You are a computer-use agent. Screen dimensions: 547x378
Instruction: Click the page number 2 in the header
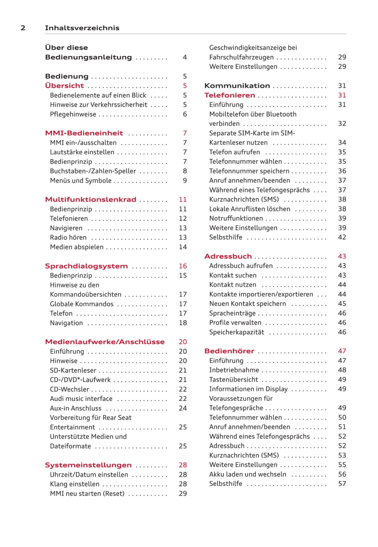coord(23,28)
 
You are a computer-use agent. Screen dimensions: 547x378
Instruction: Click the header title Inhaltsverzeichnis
coord(82,28)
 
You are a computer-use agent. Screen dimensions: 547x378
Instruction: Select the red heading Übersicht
coord(65,86)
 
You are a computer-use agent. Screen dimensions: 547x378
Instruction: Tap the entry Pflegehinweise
coord(73,114)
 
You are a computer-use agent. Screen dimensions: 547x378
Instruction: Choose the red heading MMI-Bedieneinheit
coord(84,133)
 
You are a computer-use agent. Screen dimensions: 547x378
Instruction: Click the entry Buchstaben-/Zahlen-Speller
coord(93,171)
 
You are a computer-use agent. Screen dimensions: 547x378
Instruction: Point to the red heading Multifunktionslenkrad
coord(91,199)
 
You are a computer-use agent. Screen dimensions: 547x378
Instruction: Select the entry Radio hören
coord(68,237)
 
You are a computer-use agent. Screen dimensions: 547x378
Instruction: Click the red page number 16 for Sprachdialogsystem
coord(183,266)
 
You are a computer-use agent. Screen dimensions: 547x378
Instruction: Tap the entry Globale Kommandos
coord(82,304)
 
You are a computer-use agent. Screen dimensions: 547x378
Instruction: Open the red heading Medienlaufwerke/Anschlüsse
coord(105,342)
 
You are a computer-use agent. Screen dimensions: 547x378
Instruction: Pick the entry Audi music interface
coord(81,399)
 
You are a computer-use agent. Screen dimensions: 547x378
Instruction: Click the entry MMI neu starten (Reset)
coord(87,494)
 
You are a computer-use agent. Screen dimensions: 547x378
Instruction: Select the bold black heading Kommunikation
coord(237,86)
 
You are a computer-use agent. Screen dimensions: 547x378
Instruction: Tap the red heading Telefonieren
coord(230,95)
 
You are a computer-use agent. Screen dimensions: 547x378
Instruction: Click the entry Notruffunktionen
coord(236,219)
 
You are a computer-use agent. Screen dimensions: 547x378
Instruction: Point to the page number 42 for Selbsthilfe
coord(342,237)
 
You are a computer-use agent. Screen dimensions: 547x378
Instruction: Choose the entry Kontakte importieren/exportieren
coord(261,294)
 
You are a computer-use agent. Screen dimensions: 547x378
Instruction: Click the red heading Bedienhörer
coord(229,351)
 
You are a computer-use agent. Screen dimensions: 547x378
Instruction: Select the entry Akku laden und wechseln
coord(248,475)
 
